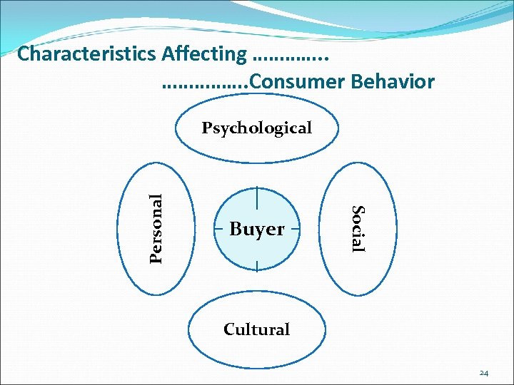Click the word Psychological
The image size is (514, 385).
tap(256, 128)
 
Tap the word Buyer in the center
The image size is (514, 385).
tap(257, 230)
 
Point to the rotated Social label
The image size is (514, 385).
tap(358, 228)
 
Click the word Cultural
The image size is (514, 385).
tap(256, 329)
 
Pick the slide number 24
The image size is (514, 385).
tap(484, 373)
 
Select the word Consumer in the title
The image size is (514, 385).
tap(298, 82)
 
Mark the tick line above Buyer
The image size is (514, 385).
tap(257, 196)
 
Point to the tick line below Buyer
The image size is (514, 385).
tap(257, 265)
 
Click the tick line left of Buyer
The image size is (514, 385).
tap(219, 229)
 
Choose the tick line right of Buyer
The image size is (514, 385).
tap(295, 229)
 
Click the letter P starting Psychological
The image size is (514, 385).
tap(207, 128)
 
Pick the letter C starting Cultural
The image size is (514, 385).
tap(229, 329)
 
